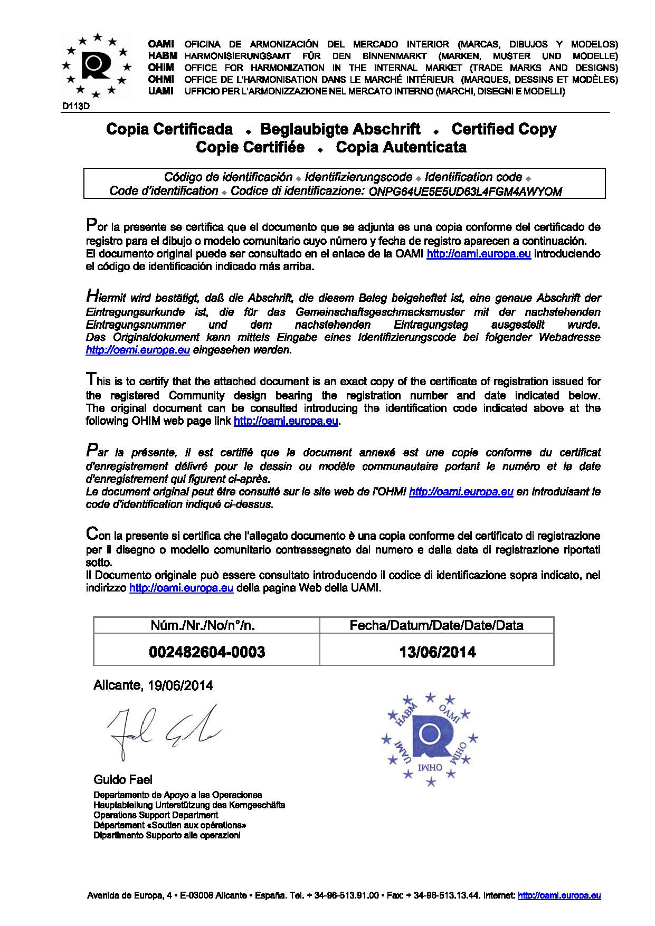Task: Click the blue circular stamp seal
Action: click(430, 738)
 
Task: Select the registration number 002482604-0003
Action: click(207, 652)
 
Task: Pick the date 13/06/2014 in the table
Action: click(437, 652)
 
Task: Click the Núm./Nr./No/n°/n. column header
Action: click(207, 625)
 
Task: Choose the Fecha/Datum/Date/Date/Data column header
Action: click(436, 625)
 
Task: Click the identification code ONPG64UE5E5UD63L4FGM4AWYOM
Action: click(465, 192)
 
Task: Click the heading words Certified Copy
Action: click(504, 129)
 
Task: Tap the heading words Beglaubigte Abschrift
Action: click(340, 129)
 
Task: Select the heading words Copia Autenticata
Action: click(401, 147)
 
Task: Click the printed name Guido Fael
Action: click(123, 779)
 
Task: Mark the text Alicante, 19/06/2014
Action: click(153, 685)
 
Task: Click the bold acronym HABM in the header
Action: click(163, 56)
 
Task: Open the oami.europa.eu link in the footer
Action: click(559, 895)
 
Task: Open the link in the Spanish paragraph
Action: click(479, 254)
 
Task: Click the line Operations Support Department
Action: click(156, 815)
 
